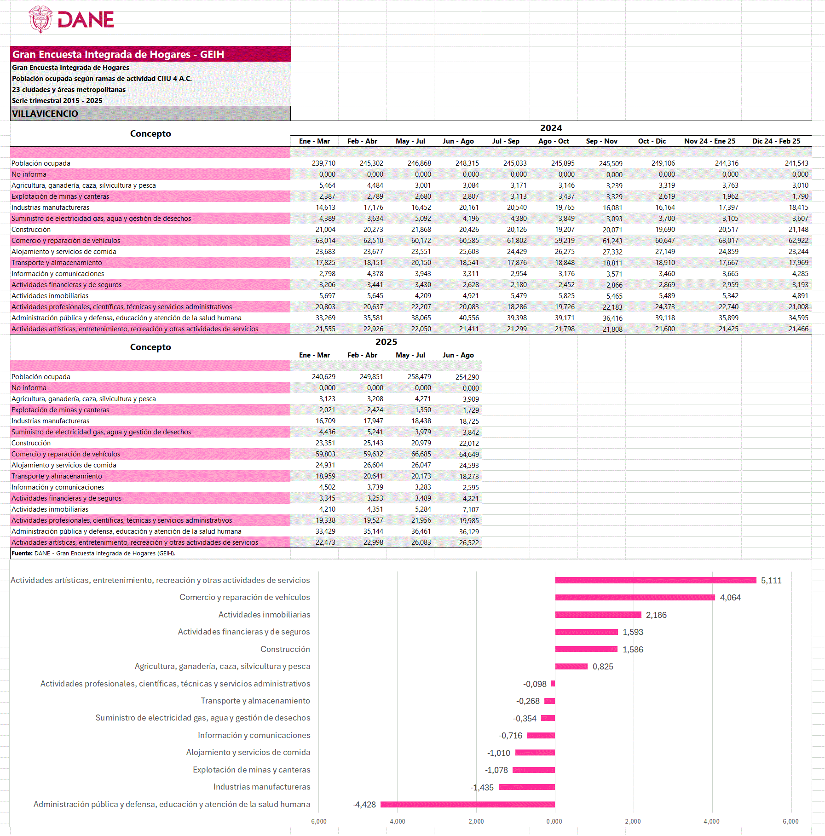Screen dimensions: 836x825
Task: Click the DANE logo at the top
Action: (72, 19)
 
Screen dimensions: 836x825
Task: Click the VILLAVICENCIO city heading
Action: (45, 114)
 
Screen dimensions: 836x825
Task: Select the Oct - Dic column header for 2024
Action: (652, 141)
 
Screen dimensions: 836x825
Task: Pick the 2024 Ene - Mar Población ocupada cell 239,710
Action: (323, 163)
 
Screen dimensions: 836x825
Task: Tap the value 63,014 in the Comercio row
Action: (325, 241)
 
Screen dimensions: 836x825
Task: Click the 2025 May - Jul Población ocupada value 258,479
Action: (419, 377)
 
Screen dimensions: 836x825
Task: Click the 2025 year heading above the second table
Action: (386, 342)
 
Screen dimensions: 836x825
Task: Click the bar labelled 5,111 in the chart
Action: (655, 580)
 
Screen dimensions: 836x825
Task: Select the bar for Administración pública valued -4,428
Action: (467, 804)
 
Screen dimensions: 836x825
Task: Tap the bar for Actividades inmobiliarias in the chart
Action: (598, 615)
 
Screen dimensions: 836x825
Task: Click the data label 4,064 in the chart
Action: (730, 598)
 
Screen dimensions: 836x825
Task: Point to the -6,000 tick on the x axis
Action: (317, 821)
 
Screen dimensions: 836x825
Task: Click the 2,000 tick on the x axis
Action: (633, 821)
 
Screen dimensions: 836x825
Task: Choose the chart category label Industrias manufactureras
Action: (262, 787)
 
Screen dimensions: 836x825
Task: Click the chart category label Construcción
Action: (285, 649)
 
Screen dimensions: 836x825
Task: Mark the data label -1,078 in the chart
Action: (496, 770)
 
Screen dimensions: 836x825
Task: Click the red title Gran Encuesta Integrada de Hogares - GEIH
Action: (118, 54)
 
